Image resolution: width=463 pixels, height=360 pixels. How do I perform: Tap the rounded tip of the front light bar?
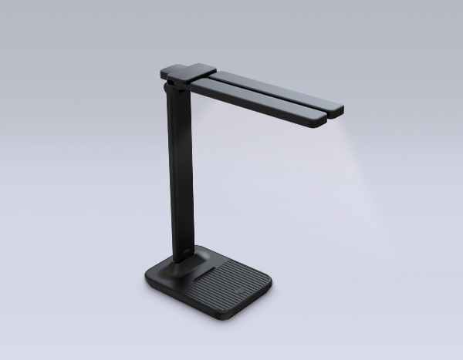[320, 121]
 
